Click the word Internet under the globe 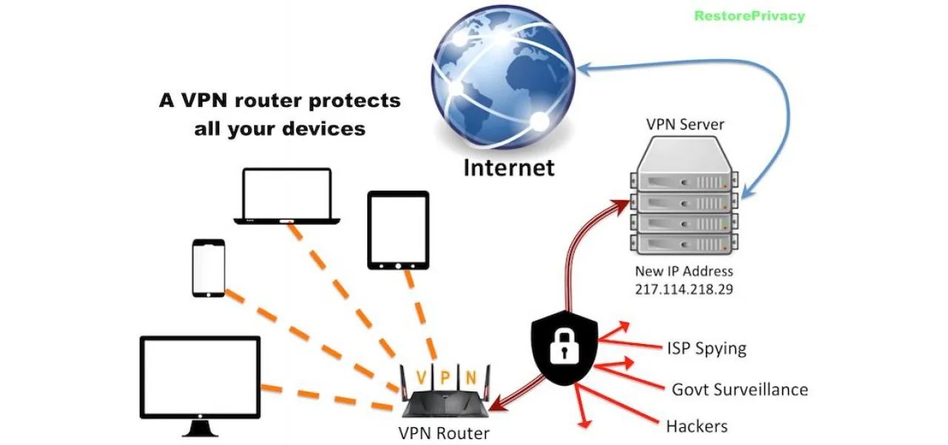[508, 168]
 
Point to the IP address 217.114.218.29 [683, 289]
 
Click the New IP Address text [684, 271]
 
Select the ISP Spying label [706, 348]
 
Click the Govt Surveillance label [739, 389]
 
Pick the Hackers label [696, 426]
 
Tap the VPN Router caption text [444, 432]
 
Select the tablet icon [398, 229]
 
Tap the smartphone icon [208, 268]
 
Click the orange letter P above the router [444, 377]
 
